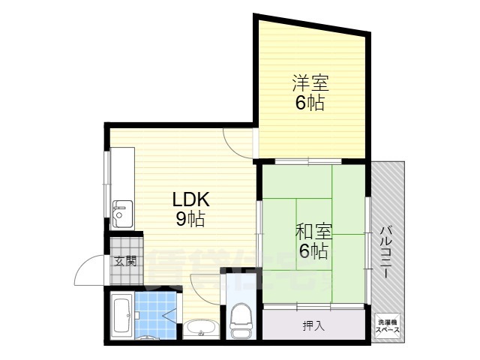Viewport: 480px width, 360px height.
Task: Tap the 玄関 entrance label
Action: (x=125, y=261)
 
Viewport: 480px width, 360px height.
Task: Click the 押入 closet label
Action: (x=313, y=325)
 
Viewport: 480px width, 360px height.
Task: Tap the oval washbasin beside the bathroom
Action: (x=201, y=328)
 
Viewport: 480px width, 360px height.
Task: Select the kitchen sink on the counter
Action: (x=121, y=213)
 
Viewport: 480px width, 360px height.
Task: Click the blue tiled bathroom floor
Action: (x=156, y=315)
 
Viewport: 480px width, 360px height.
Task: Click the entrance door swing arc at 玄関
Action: (x=90, y=266)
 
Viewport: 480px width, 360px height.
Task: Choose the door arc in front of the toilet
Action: (x=204, y=283)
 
